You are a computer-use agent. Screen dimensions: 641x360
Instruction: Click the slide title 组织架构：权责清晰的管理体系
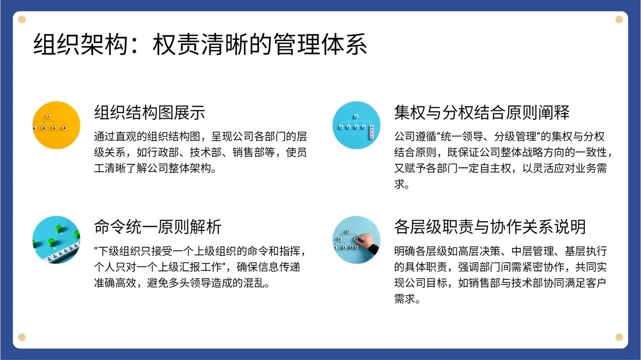[x=200, y=45]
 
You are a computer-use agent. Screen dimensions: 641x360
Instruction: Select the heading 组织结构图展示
[x=150, y=112]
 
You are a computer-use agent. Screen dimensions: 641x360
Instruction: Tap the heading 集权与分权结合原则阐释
[x=482, y=112]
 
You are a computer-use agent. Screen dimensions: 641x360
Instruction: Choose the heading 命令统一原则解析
[x=158, y=227]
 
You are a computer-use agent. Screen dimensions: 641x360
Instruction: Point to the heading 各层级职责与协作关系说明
[x=490, y=227]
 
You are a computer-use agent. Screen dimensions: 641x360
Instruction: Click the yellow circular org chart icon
[x=57, y=125]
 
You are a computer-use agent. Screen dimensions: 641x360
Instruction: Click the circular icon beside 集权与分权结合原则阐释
[x=356, y=125]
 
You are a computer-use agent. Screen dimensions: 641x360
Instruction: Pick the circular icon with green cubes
[x=57, y=240]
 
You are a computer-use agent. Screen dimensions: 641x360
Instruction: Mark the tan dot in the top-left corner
[x=22, y=20]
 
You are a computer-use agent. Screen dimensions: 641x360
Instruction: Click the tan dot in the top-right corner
[x=619, y=20]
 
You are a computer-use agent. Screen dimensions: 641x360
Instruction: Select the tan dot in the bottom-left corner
[x=22, y=337]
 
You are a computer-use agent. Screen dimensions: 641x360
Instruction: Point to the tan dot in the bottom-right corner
[x=619, y=337]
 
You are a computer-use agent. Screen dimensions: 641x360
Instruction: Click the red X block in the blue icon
[x=372, y=133]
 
